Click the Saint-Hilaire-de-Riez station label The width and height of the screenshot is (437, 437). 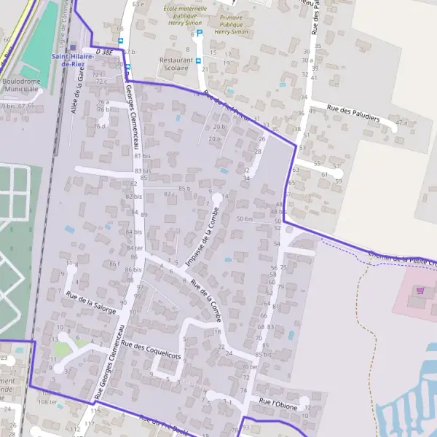click(71, 60)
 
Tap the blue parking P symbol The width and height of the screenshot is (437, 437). click(200, 33)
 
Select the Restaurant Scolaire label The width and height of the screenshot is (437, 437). click(176, 65)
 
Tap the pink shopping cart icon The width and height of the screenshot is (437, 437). click(420, 289)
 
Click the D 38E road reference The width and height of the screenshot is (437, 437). click(105, 52)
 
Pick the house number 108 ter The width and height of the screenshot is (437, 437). click(47, 401)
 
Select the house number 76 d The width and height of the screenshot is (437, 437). click(100, 127)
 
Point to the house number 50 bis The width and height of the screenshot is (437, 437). click(245, 219)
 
